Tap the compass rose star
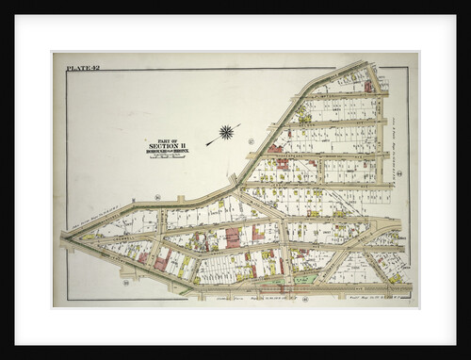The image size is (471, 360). pyautogui.click(x=226, y=132)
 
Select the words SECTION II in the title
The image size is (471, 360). pyautogui.click(x=166, y=144)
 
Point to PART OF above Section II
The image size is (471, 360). pyautogui.click(x=166, y=138)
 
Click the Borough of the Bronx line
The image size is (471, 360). pyautogui.click(x=166, y=150)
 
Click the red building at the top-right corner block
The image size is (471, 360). pyautogui.click(x=368, y=87)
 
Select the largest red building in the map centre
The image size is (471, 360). pyautogui.click(x=233, y=237)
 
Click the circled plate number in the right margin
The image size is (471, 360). pyautogui.click(x=399, y=173)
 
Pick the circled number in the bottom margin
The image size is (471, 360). pyautogui.click(x=306, y=299)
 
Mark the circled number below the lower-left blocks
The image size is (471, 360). pyautogui.click(x=124, y=282)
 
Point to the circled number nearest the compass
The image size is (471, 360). pyautogui.click(x=251, y=141)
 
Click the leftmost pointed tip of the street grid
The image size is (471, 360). pyautogui.click(x=62, y=237)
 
